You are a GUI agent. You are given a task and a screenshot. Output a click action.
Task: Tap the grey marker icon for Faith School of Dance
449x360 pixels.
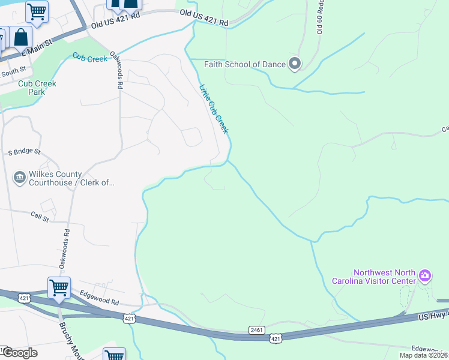click(x=294, y=64)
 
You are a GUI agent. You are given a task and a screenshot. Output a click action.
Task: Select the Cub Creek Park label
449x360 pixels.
click(x=37, y=88)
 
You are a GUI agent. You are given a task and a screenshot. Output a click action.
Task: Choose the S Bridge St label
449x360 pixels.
click(x=23, y=152)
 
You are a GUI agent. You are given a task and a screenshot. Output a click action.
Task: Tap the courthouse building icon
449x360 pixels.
click(x=19, y=178)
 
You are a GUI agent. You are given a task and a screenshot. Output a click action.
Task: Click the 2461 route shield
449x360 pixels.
click(x=256, y=330)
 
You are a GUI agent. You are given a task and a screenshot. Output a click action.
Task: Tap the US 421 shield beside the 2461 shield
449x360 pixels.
click(x=275, y=339)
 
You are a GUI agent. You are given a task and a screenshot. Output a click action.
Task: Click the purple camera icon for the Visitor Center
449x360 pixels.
click(x=425, y=276)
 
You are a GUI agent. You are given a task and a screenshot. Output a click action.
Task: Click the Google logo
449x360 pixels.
click(x=19, y=353)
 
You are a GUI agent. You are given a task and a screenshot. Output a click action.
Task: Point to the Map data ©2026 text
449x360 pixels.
click(x=424, y=355)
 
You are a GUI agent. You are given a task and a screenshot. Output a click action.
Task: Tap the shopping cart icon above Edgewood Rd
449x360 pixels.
click(x=59, y=287)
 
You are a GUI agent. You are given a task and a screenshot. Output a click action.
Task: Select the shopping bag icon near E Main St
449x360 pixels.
click(x=20, y=37)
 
